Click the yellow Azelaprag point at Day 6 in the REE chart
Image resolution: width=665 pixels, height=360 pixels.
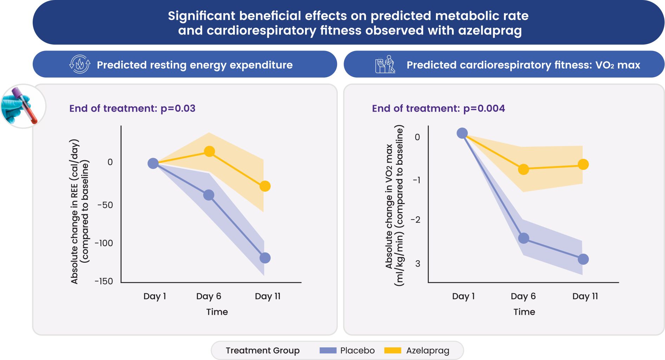[209, 151]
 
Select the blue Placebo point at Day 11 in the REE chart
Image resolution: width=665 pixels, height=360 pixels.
[265, 258]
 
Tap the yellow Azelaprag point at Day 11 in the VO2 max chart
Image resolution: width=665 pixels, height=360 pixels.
[583, 164]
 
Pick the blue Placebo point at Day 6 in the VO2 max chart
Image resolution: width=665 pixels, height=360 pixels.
[524, 238]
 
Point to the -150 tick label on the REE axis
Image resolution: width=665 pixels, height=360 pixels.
[104, 281]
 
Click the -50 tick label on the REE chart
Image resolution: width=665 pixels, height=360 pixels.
[105, 205]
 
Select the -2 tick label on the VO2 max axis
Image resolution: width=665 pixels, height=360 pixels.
[415, 220]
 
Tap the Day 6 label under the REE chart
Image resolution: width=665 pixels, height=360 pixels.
[208, 296]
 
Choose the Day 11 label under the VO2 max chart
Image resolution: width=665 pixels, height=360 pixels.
[585, 296]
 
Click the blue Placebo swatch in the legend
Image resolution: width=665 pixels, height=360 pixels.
[328, 350]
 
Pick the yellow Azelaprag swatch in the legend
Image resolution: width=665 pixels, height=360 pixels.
[393, 350]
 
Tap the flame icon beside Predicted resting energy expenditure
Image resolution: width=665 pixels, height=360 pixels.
[80, 64]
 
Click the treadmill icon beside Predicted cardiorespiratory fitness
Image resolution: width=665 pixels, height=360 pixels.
[385, 64]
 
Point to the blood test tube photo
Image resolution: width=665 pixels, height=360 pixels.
[23, 106]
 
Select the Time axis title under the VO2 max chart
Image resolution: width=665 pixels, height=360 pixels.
[524, 312]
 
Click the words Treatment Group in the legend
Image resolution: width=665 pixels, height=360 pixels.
[263, 350]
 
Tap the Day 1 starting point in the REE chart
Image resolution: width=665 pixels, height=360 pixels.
[153, 163]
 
